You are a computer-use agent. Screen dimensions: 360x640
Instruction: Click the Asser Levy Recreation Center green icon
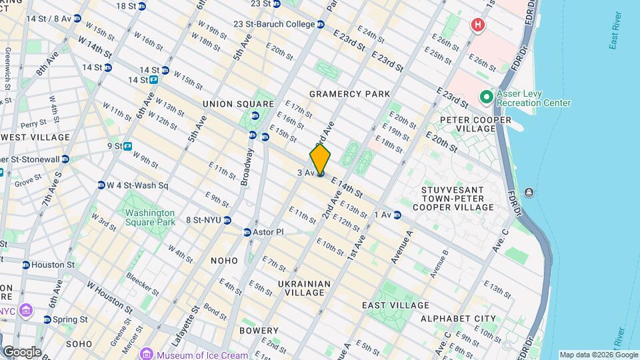coord(487,98)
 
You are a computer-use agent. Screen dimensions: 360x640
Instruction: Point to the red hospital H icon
coord(477,25)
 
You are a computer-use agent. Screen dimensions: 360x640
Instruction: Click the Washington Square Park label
coord(150,217)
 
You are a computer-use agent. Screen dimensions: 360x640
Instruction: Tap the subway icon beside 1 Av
coord(397,214)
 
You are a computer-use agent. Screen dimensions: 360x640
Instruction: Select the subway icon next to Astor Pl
coord(247,232)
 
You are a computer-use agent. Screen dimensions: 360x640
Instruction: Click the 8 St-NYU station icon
coord(227,220)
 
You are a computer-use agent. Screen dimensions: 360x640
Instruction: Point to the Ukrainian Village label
coord(305,288)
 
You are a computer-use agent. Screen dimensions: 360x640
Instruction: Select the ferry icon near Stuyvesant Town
coord(529,193)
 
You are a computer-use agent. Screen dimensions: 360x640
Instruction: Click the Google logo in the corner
coord(21,351)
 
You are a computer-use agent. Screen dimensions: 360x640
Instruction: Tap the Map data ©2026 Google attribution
coord(598,355)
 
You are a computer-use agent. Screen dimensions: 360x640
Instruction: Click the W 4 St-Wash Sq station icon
coord(101,185)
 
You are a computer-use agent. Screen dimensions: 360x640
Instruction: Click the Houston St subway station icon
coord(25,265)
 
